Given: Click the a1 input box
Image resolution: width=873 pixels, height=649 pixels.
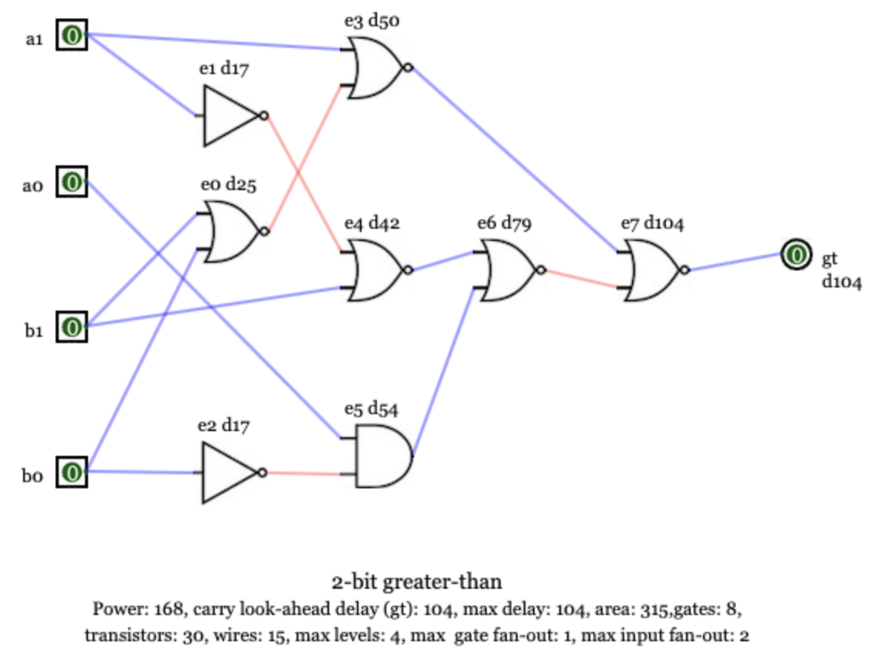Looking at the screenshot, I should point(72,36).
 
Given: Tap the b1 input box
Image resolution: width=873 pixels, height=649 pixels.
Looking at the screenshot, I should point(72,327).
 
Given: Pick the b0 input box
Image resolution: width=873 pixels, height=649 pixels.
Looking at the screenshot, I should point(72,471).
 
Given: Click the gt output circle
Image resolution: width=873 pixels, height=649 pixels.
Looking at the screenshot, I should point(795,254).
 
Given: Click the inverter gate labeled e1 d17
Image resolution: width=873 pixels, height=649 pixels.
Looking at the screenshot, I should point(231,116).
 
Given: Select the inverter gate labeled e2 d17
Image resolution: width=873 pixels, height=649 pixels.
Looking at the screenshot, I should point(229,472).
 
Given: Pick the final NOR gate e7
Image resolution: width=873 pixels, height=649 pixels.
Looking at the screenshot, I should point(653,270).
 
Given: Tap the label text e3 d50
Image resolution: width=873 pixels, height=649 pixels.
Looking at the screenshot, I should point(372,21).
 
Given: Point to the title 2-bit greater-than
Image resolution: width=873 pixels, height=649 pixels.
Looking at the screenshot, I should point(417,581).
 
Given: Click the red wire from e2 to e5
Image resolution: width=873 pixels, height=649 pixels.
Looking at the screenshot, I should point(304,473).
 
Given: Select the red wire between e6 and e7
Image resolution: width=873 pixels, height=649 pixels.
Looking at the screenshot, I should point(581,278).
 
